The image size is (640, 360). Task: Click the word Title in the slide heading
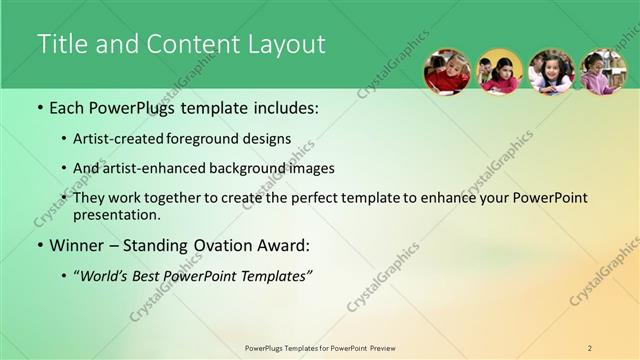[58, 44]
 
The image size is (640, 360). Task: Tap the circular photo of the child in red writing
[447, 72]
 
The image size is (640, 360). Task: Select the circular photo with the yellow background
[499, 72]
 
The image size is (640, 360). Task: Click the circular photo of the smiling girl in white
[551, 72]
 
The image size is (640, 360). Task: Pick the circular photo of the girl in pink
[603, 72]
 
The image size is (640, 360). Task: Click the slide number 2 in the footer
[590, 348]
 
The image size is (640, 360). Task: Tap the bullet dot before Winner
[40, 245]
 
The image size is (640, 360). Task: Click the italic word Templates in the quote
[277, 275]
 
